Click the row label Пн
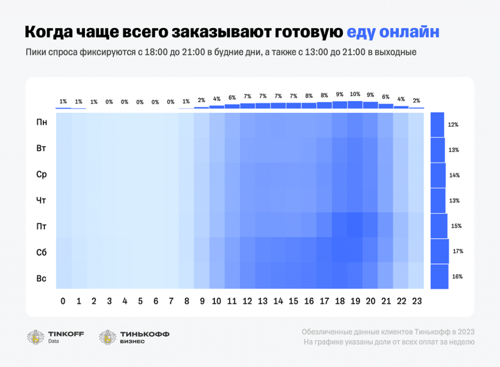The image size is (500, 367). pos(42,122)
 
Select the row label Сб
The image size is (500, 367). pos(42,253)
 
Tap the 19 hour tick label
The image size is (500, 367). pos(355,302)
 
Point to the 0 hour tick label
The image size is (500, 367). pos(63,302)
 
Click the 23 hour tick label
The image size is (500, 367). pos(417,302)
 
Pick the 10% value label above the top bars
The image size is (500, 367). pos(355,94)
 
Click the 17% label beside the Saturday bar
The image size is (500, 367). pos(458,251)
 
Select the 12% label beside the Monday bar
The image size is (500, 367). pos(453,125)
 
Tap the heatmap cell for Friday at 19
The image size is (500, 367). pos(355,225)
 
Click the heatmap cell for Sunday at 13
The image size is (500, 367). pos(263,276)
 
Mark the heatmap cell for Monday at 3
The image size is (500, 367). pos(109,125)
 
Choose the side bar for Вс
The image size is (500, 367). pos(439,277)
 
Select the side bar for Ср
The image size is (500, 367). pos(438,175)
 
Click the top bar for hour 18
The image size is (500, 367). pos(339,105)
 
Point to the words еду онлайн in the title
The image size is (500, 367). pos(393,32)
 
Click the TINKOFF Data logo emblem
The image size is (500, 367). pos(36,337)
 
